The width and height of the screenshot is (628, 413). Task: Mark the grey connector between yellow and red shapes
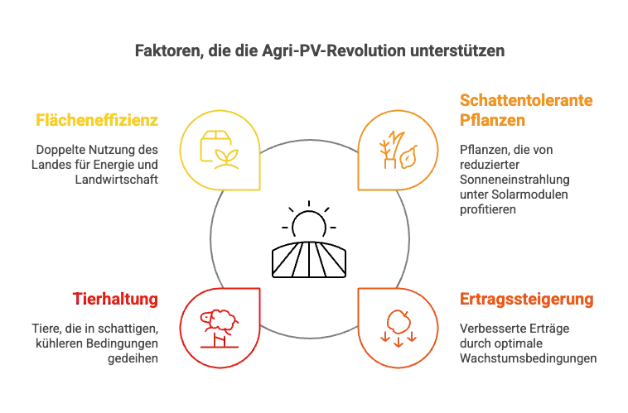[210, 239]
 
